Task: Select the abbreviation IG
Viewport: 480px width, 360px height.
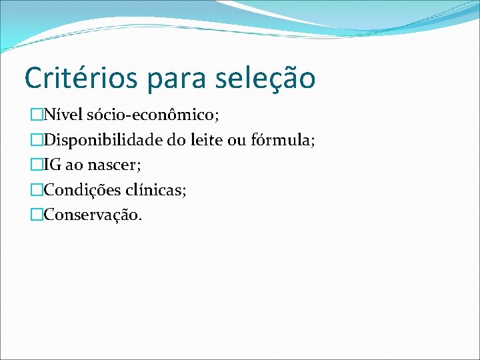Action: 52,165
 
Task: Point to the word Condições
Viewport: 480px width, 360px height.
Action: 81,190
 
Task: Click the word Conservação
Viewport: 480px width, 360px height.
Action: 93,215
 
